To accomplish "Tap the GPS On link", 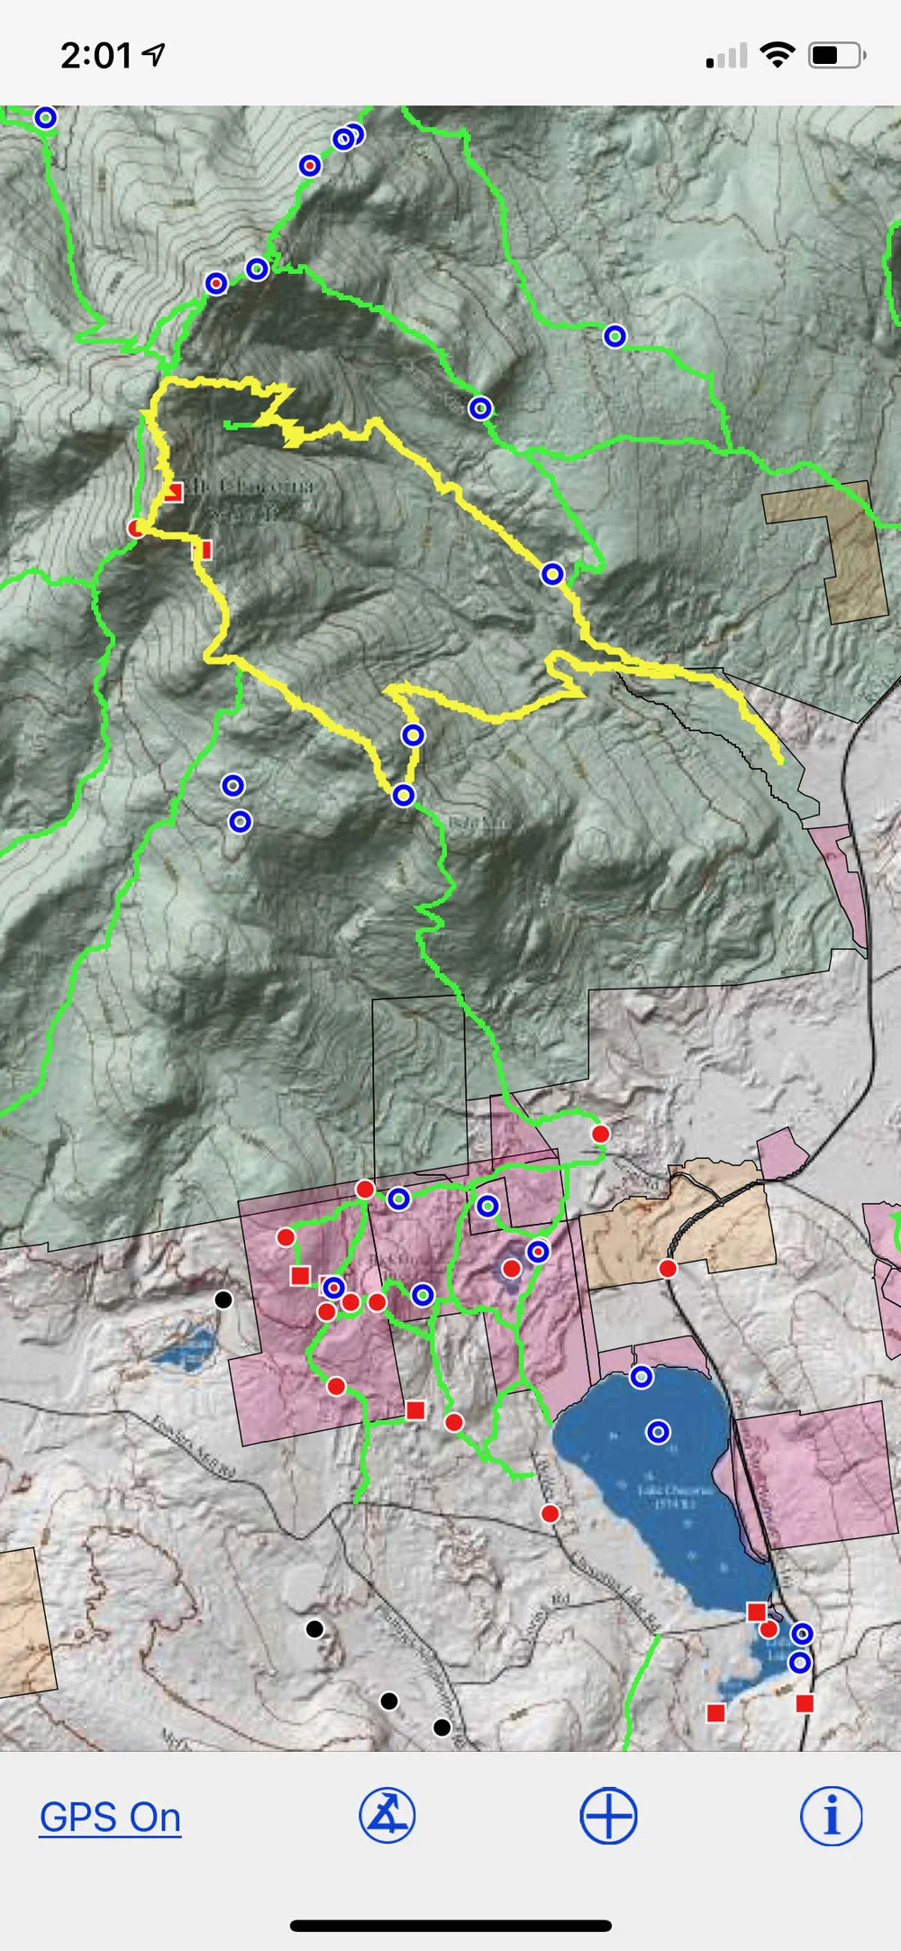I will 110,1817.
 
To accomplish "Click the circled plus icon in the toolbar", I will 608,1816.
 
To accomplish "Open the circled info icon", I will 830,1816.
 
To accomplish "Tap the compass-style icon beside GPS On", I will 387,1815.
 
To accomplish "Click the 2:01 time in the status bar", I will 96,56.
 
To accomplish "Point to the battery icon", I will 836,56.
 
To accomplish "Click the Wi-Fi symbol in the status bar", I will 777,55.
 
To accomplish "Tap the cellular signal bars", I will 727,57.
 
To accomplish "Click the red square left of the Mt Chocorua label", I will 174,491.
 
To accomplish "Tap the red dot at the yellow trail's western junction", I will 136,528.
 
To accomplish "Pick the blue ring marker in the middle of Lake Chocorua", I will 659,1432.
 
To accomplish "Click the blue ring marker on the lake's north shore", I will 642,1377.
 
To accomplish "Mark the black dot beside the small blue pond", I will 223,1299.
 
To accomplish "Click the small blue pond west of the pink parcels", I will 187,1349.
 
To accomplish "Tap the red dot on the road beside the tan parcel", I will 668,1269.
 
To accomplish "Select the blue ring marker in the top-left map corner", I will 45,117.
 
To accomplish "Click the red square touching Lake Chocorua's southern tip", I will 757,1611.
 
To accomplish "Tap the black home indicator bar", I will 450,1926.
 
